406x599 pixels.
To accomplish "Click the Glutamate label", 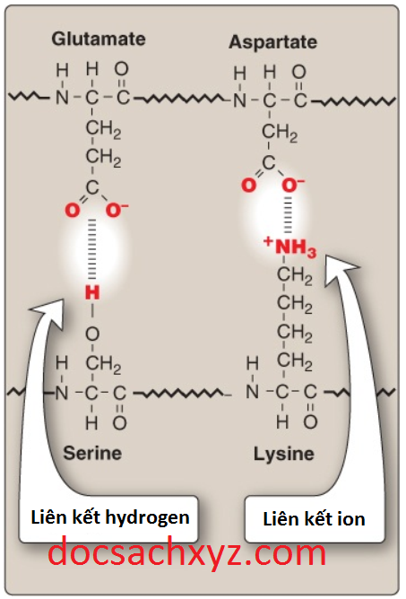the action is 99,39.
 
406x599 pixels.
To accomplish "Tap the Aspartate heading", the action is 272,42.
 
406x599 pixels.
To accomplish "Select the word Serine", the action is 92,453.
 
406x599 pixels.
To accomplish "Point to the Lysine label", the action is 284,455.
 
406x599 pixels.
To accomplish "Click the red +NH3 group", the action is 290,247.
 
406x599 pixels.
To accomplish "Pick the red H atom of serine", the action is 92,292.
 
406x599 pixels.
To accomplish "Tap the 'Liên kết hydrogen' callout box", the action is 109,518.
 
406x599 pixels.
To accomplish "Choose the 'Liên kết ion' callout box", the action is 315,519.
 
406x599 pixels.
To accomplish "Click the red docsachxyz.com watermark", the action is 187,552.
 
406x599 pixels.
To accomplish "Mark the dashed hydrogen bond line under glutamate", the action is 92,249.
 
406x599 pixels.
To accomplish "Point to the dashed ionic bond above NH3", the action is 289,214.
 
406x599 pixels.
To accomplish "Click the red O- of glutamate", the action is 116,210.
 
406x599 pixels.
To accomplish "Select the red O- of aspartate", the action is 292,185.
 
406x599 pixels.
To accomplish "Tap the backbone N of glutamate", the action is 62,98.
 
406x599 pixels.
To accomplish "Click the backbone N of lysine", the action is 252,392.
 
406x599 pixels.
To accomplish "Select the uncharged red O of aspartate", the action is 248,186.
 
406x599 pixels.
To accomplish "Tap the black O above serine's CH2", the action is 92,334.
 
